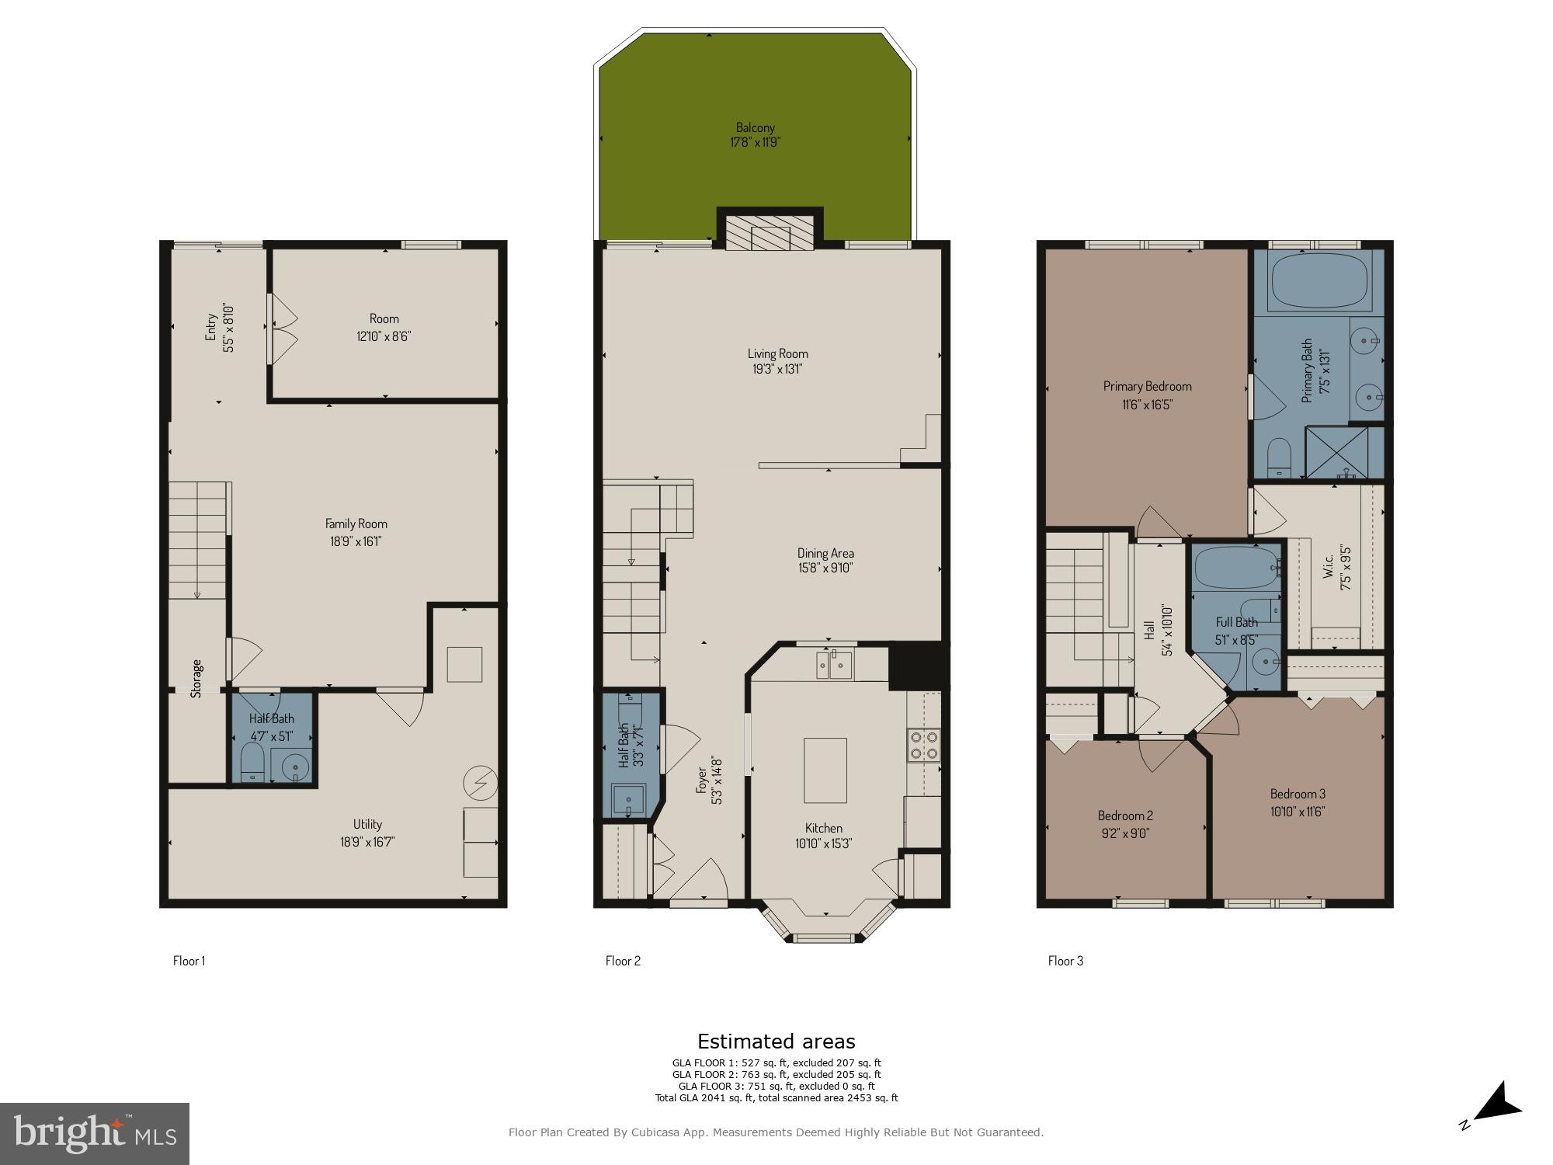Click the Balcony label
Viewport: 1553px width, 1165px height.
pos(755,127)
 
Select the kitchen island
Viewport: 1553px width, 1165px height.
pos(825,770)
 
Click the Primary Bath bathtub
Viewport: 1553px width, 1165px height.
pos(1318,281)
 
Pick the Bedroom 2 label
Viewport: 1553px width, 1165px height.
pos(1124,815)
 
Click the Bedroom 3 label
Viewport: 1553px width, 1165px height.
pos(1298,794)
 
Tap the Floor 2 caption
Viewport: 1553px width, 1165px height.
pos(623,961)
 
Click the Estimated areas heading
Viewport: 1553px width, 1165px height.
pos(776,1042)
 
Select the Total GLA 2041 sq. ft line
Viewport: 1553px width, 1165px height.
pos(776,1098)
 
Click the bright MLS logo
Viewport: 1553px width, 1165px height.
pos(94,1134)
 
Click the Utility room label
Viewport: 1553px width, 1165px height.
pos(367,824)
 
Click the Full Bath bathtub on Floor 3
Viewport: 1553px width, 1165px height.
pos(1235,569)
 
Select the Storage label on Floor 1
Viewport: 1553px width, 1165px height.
pos(197,678)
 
